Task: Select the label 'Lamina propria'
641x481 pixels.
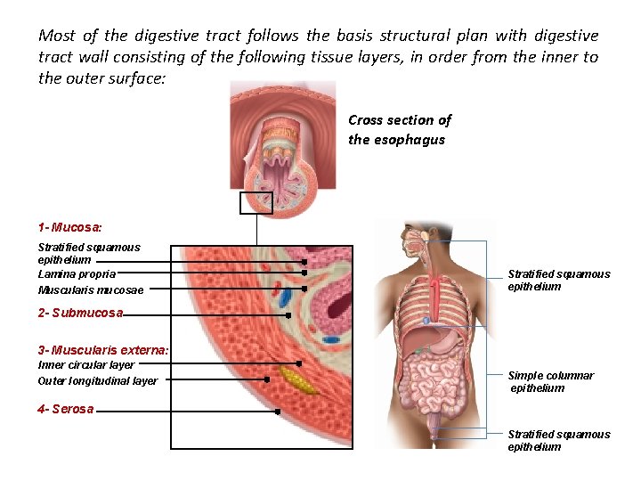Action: [77, 274]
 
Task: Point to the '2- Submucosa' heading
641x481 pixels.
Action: [80, 313]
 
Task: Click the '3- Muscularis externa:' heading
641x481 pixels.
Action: [103, 349]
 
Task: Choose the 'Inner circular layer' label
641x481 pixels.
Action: [85, 364]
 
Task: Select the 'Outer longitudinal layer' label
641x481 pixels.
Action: [97, 380]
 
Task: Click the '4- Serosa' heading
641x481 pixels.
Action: [66, 409]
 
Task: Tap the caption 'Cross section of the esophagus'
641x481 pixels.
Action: [400, 129]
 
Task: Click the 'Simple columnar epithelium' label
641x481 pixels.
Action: [550, 381]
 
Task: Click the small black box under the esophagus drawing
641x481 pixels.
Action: [256, 203]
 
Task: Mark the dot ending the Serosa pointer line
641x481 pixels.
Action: [278, 412]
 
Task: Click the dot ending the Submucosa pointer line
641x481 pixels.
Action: [288, 314]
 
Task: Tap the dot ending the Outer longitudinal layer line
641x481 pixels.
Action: [267, 379]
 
